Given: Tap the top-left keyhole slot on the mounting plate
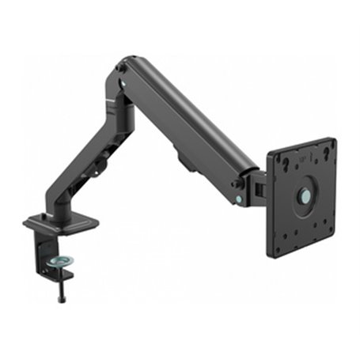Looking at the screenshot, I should point(282,163).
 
